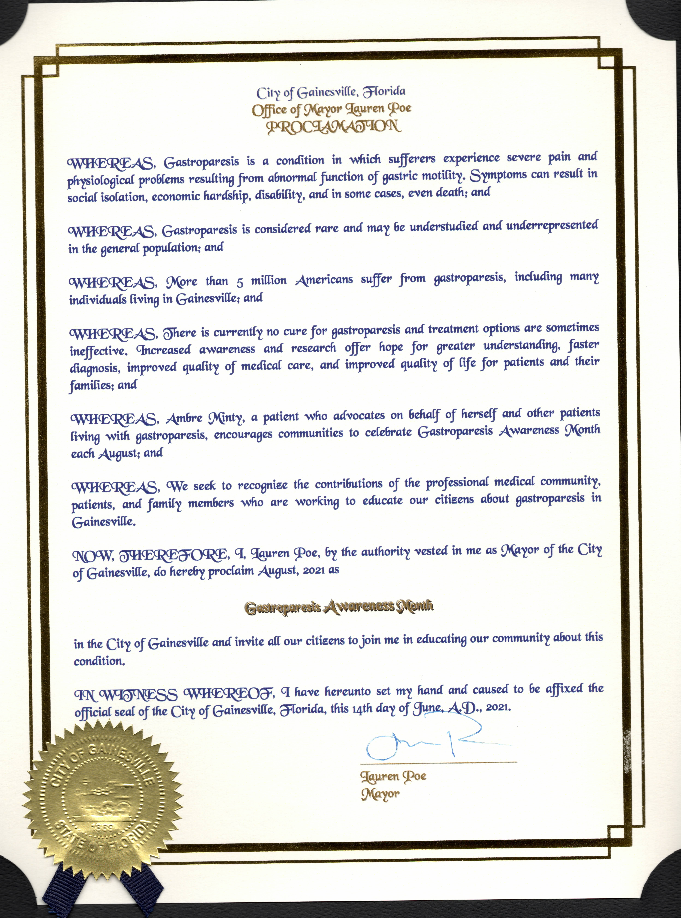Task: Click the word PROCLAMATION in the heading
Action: click(334, 126)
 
